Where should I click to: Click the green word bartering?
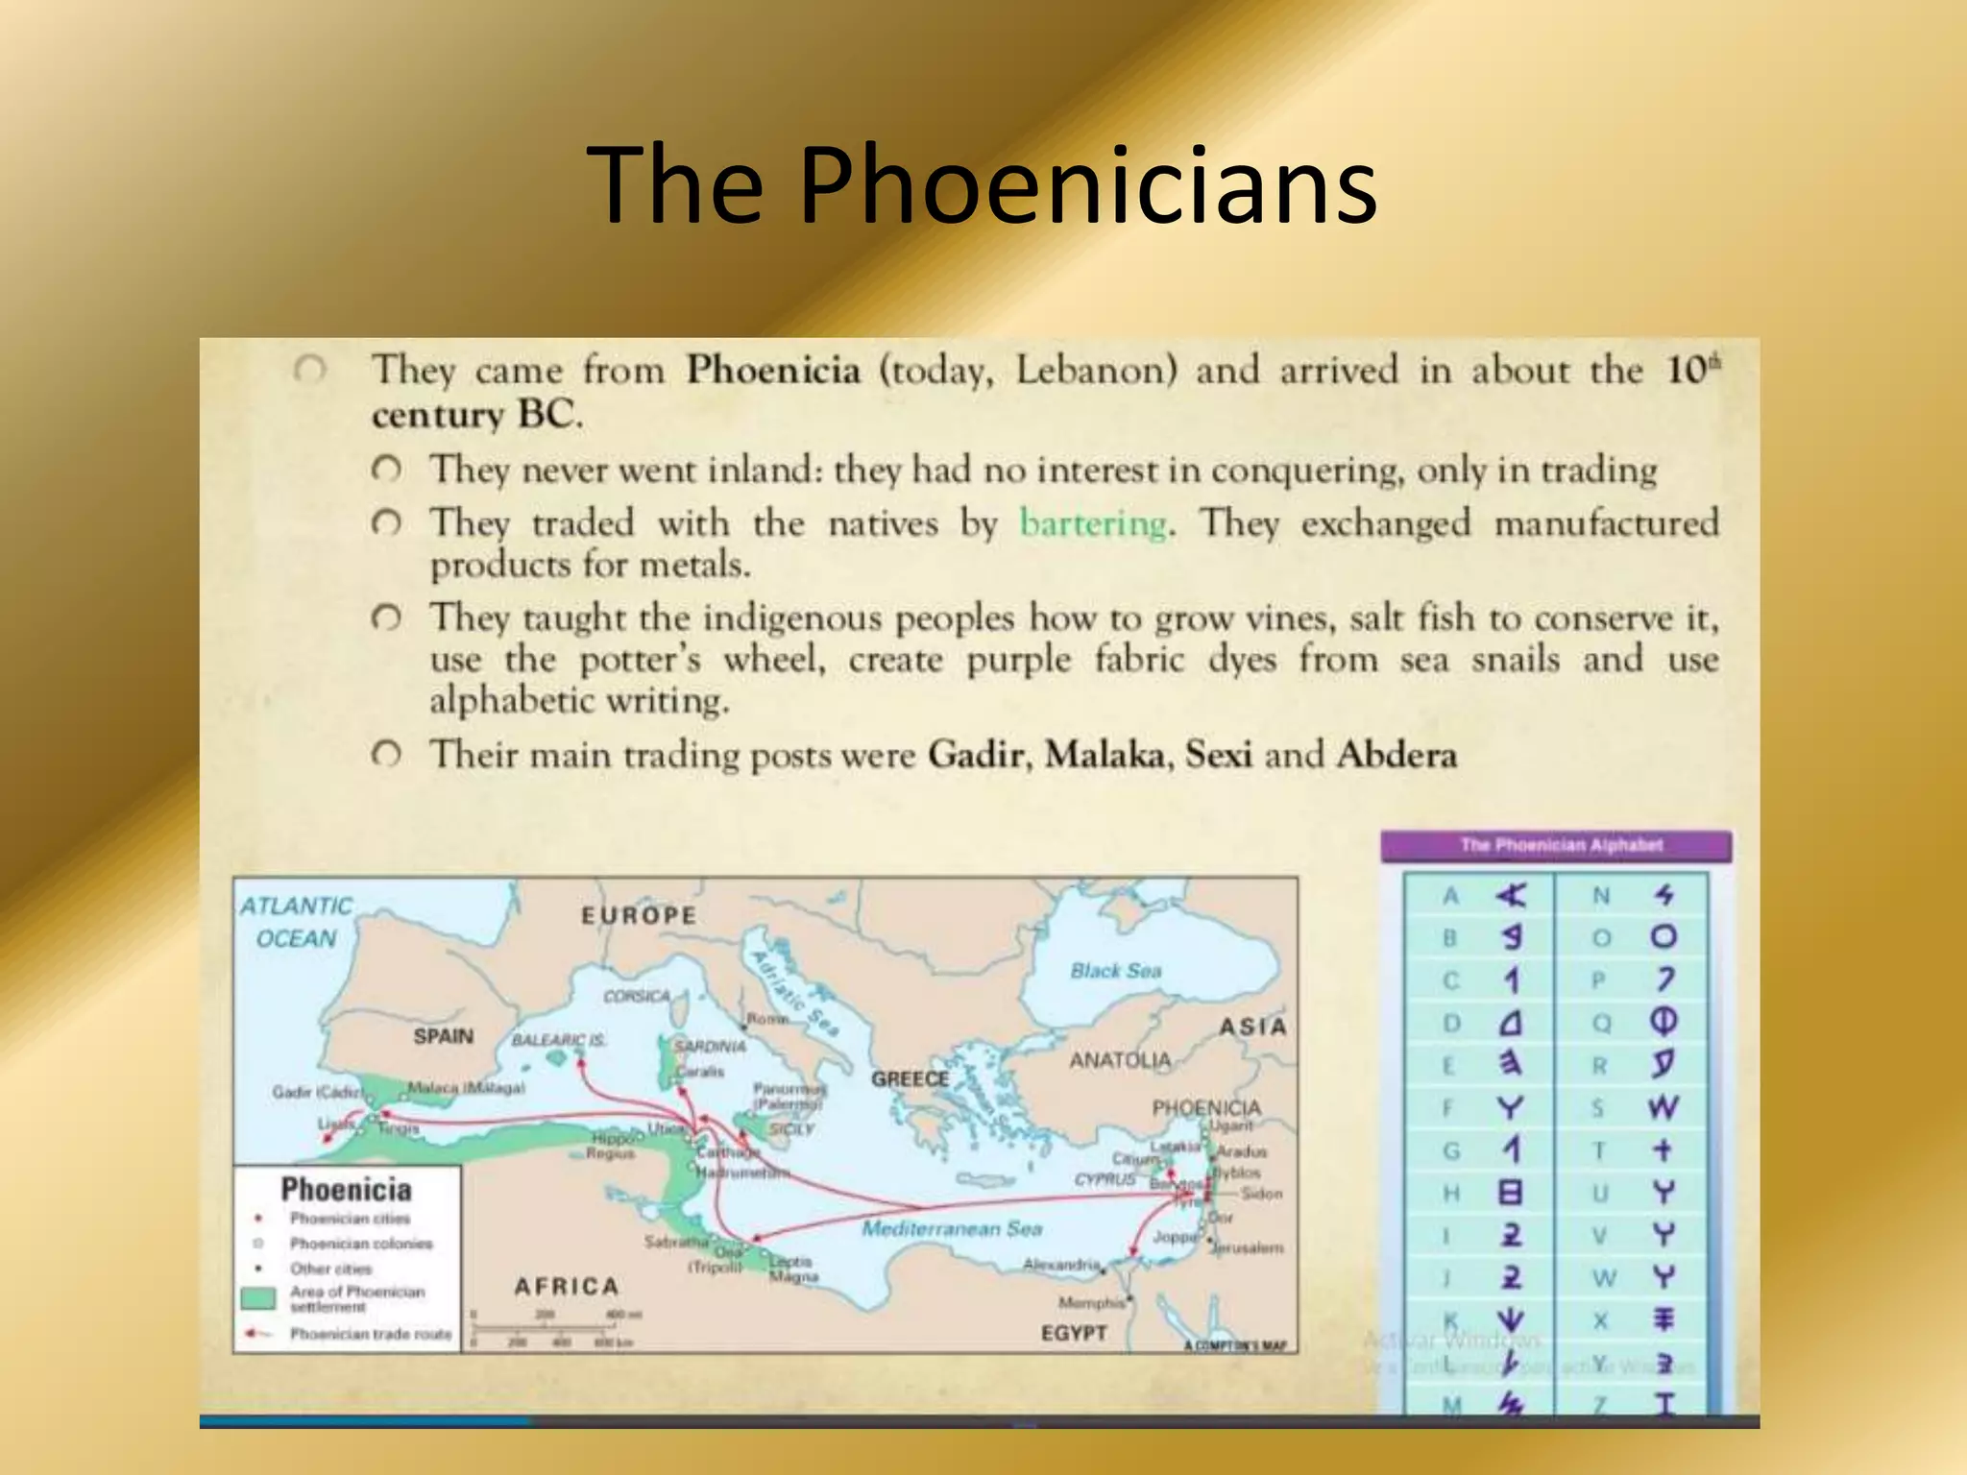pyautogui.click(x=1094, y=524)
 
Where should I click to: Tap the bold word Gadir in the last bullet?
pyautogui.click(x=976, y=755)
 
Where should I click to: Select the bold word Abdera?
pyautogui.click(x=1396, y=755)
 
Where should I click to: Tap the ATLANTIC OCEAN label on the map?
pyautogui.click(x=296, y=922)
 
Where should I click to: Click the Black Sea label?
pyautogui.click(x=1116, y=971)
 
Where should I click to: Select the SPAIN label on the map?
pyautogui.click(x=443, y=1036)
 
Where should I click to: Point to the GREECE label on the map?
pyautogui.click(x=910, y=1079)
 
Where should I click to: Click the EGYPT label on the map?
pyautogui.click(x=1074, y=1333)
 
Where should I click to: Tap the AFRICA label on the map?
pyautogui.click(x=567, y=1287)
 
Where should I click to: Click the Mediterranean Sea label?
pyautogui.click(x=951, y=1229)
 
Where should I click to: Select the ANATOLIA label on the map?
pyautogui.click(x=1120, y=1060)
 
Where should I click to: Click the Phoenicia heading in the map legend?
pyautogui.click(x=346, y=1190)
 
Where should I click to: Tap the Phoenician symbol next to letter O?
pyautogui.click(x=1663, y=937)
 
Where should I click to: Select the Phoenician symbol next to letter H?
pyautogui.click(x=1510, y=1193)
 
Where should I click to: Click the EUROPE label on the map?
pyautogui.click(x=639, y=915)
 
